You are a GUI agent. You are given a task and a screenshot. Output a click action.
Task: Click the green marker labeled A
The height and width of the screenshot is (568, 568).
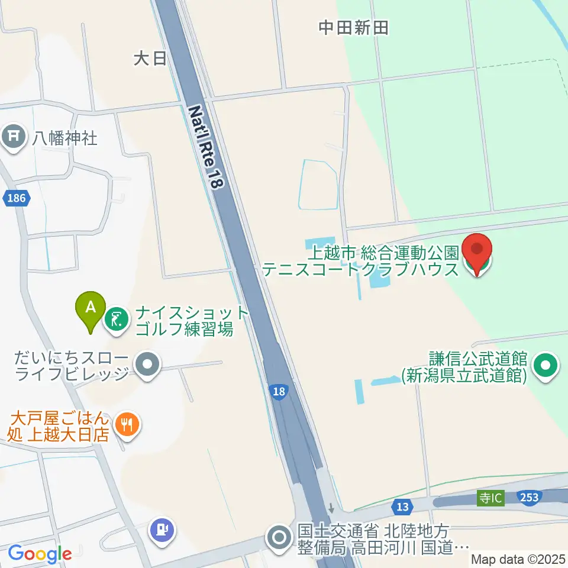point(90,308)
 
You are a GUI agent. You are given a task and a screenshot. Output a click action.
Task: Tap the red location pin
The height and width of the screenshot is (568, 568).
point(477,253)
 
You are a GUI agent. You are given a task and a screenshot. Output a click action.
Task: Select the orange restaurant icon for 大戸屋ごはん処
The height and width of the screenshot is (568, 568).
point(127,423)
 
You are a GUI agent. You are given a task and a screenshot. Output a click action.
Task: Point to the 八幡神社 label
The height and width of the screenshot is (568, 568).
point(64,138)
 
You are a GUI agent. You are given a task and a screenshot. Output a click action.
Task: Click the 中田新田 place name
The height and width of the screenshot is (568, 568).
point(353,28)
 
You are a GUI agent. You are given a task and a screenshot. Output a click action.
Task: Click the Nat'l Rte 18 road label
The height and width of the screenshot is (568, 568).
point(206,147)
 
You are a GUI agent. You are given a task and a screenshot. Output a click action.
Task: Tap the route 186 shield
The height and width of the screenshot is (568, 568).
point(16,198)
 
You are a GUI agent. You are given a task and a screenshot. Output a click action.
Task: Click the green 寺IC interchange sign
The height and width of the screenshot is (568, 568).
point(490,498)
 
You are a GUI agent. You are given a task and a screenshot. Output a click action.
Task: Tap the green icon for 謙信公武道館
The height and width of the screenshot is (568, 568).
point(547,366)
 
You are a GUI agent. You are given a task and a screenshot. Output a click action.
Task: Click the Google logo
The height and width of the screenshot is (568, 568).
point(40,554)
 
